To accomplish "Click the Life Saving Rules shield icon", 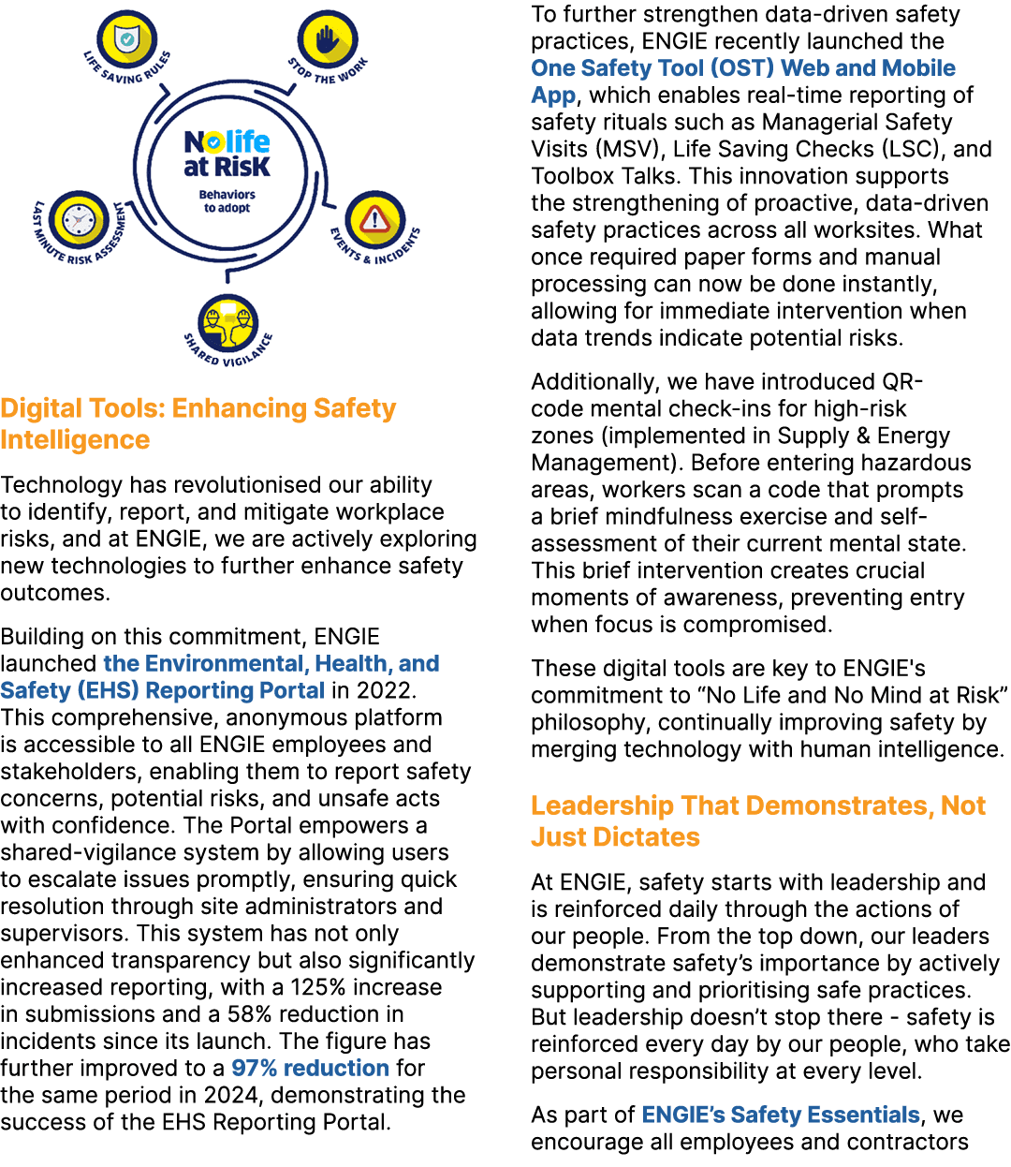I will click(x=126, y=38).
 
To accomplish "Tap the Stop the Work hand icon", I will click(x=327, y=39).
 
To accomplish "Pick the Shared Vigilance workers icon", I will click(x=228, y=321).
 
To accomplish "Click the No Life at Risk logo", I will click(x=227, y=155).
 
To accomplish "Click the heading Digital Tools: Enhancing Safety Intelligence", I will click(x=198, y=423).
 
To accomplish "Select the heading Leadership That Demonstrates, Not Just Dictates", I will click(x=758, y=820).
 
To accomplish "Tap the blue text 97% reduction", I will click(x=310, y=1068).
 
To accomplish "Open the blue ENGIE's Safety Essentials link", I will click(x=781, y=1115).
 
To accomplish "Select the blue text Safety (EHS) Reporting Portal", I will click(x=163, y=690).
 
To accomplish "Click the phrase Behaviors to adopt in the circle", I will click(x=227, y=201).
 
